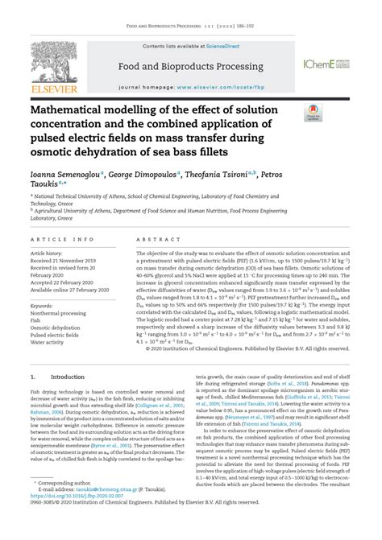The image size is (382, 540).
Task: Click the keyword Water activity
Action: pyautogui.click(x=47, y=341)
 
